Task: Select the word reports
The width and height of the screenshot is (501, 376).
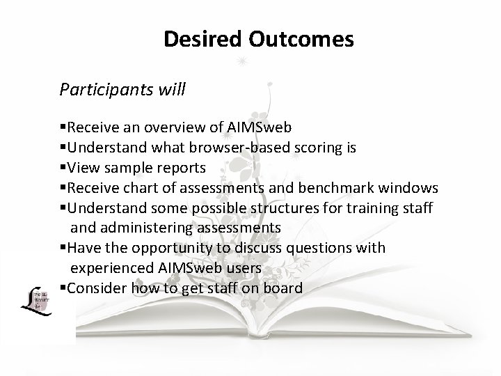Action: pyautogui.click(x=180, y=168)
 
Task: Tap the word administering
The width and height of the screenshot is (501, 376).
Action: pyautogui.click(x=137, y=228)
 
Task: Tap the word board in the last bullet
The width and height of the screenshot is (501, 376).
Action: pyautogui.click(x=283, y=288)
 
